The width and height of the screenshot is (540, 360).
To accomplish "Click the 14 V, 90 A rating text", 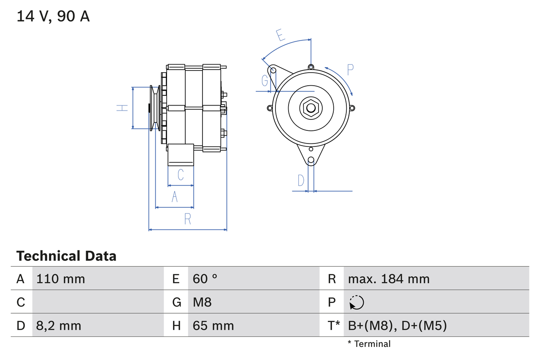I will point(53,16).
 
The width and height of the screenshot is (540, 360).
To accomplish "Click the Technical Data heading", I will point(66,256).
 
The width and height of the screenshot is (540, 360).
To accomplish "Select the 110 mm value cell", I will point(61,279).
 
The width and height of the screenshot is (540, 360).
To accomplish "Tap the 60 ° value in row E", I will point(205,279).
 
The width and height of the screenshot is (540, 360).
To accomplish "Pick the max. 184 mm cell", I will point(389,279).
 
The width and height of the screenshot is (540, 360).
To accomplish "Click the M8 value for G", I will point(202,302).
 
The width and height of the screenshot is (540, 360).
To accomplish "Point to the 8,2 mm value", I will point(59,325).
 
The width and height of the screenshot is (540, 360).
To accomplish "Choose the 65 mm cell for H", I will point(213,325).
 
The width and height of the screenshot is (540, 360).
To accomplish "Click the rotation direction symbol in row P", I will point(356,302).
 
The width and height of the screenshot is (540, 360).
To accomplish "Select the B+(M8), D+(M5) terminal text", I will point(397,325).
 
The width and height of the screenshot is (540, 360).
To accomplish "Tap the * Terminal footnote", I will point(369,344).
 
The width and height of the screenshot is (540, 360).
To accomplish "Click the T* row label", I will point(333,325).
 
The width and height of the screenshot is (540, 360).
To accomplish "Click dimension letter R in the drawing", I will point(188,219).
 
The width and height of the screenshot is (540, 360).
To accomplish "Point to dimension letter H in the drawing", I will point(122,108).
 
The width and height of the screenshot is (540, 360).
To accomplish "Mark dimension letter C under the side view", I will point(181,174).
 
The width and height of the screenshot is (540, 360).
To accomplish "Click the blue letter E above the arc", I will point(280,35).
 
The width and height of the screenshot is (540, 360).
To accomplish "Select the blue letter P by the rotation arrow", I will point(350,69).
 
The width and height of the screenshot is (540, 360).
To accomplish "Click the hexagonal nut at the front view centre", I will point(310,108).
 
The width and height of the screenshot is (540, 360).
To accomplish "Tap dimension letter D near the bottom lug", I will point(300,180).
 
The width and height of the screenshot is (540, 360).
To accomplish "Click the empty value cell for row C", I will point(97,302).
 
